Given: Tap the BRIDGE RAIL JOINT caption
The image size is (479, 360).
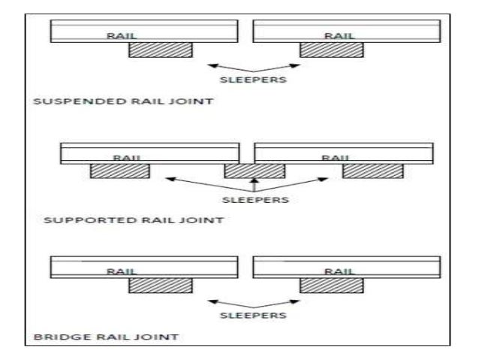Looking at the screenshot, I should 107,337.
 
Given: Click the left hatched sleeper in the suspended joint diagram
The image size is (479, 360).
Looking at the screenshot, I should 161,50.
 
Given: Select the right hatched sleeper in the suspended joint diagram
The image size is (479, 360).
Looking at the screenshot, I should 331,50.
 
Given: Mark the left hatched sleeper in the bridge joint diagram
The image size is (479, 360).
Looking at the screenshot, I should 161,286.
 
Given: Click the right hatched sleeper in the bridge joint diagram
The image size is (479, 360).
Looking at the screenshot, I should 331,286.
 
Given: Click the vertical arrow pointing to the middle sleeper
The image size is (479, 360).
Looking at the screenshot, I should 254,186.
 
